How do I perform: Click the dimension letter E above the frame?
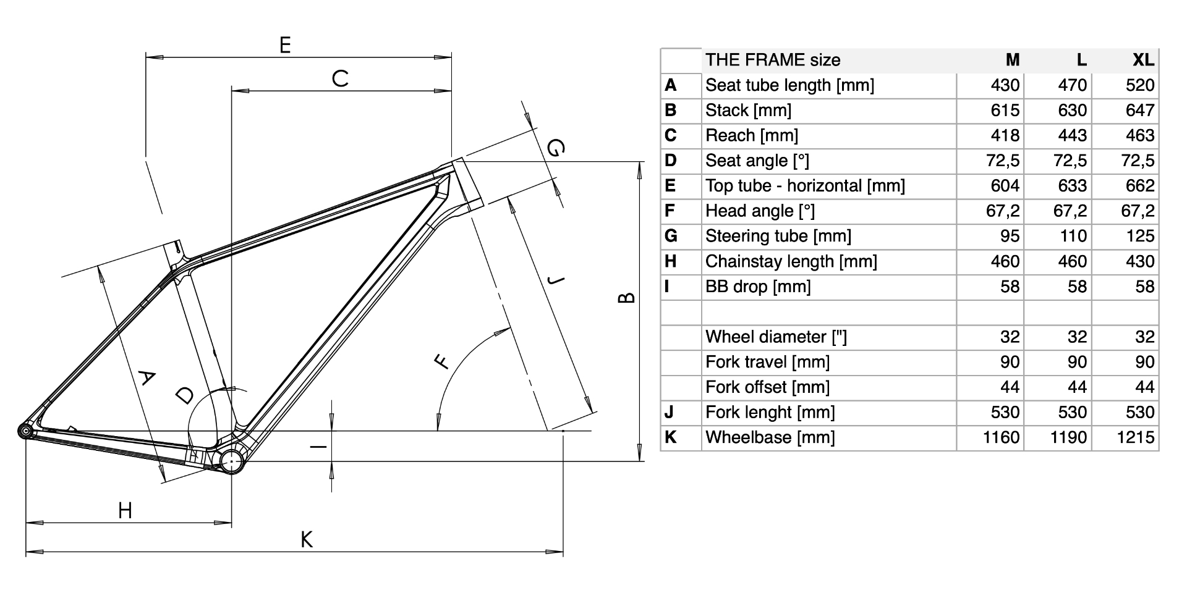(x=285, y=45)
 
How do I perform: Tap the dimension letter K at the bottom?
(x=307, y=540)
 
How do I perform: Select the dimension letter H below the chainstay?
(x=125, y=511)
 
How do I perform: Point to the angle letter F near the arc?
(x=442, y=361)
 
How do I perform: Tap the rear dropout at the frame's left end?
(x=25, y=431)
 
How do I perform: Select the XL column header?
(x=1142, y=60)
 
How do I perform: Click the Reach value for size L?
(x=1072, y=135)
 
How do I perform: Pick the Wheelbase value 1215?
(x=1136, y=437)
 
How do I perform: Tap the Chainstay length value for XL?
(x=1140, y=261)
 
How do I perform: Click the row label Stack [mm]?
(x=748, y=111)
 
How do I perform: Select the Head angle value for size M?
(x=1003, y=211)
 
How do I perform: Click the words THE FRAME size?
(x=773, y=60)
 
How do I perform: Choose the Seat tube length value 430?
(x=1005, y=85)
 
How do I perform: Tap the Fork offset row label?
(x=767, y=387)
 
